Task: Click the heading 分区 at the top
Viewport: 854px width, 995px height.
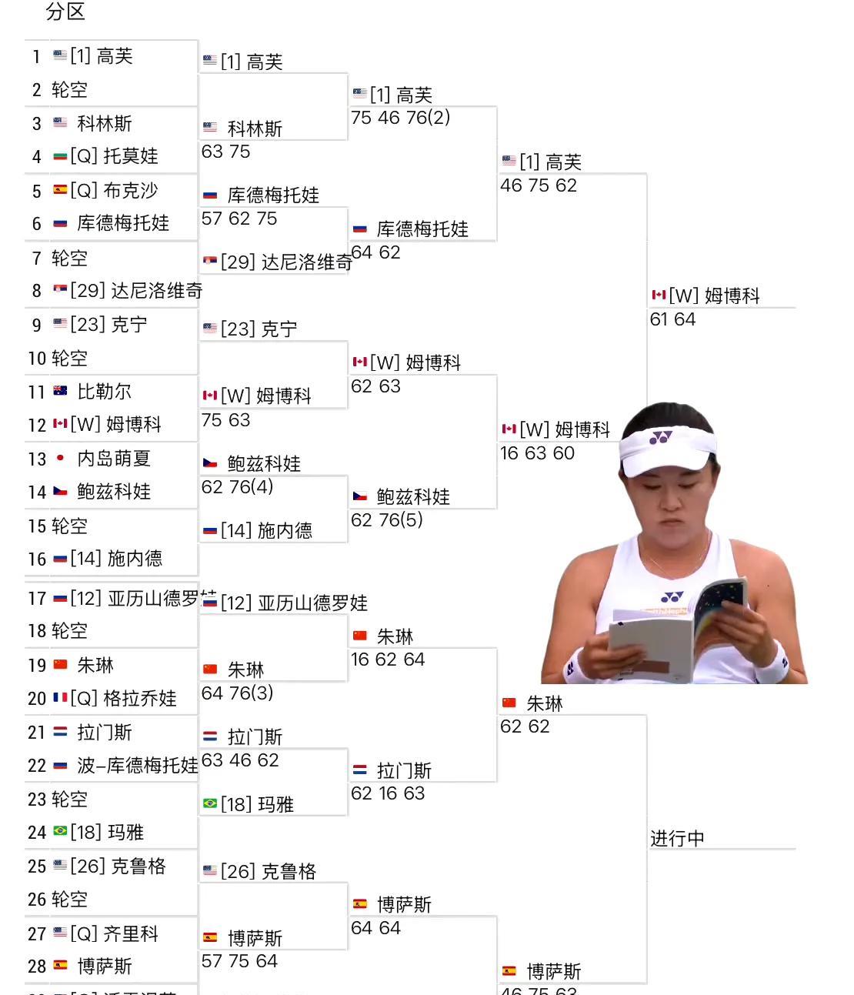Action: tap(65, 12)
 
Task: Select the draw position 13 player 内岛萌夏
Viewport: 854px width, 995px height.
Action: tap(113, 459)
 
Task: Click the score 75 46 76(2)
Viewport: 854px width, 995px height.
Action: tap(400, 118)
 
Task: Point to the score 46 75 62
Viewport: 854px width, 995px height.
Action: tap(538, 185)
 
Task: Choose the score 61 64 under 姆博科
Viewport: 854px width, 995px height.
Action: tap(672, 319)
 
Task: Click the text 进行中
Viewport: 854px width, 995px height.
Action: tap(677, 838)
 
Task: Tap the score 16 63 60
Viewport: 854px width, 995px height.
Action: tap(537, 453)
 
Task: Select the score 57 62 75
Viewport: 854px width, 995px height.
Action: tap(239, 219)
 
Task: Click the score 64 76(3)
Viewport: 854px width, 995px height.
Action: tap(237, 693)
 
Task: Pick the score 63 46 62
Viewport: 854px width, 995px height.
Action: tap(239, 760)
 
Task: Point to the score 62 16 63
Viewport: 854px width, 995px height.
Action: tap(388, 793)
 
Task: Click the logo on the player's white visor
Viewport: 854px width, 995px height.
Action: tap(660, 438)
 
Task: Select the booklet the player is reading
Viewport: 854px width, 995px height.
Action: tap(677, 631)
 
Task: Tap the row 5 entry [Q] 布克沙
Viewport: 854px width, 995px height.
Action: tap(113, 190)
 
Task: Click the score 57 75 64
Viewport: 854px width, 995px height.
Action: tap(239, 961)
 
